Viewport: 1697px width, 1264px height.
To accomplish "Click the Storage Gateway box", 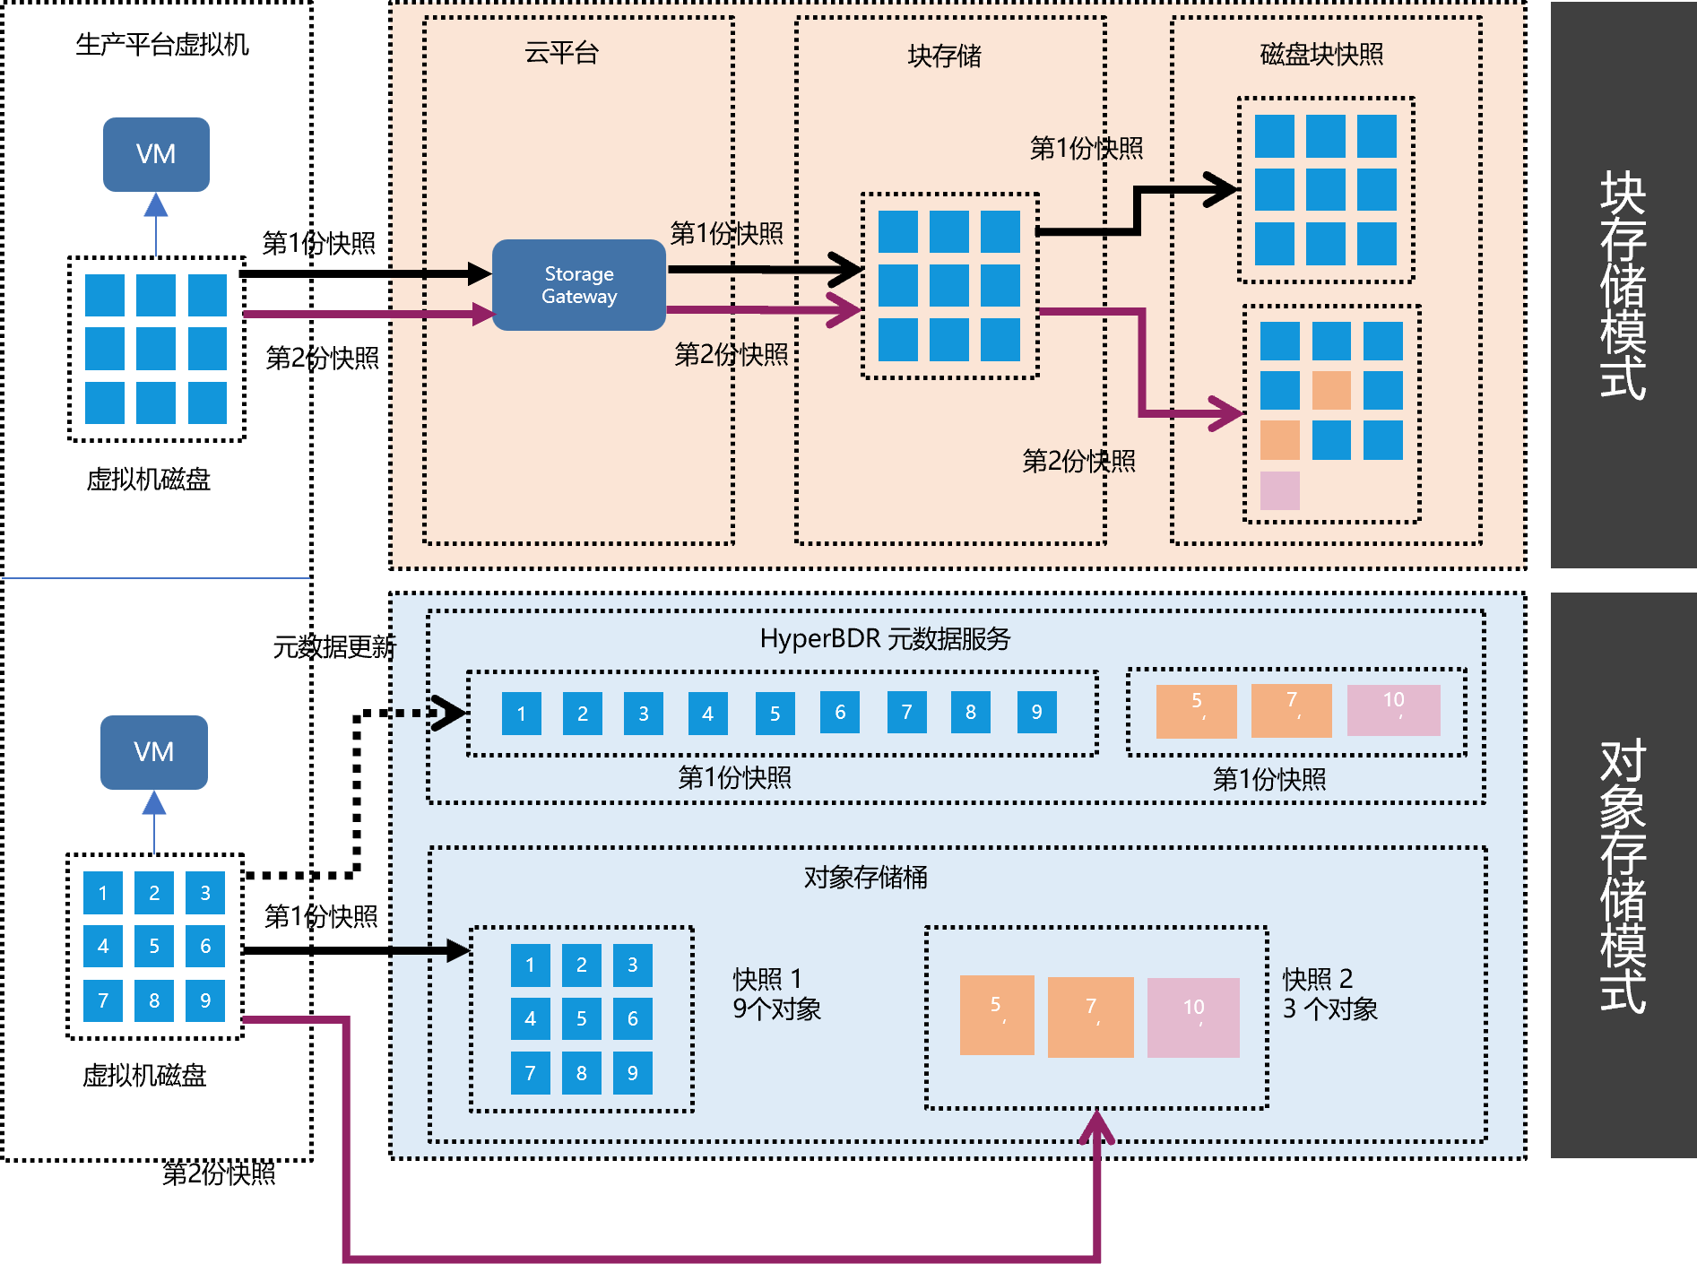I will pyautogui.click(x=579, y=285).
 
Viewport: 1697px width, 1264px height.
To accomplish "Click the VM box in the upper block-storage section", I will pyautogui.click(x=156, y=154).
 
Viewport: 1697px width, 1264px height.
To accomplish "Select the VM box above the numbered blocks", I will pyautogui.click(x=154, y=752).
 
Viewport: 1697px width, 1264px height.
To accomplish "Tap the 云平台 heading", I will pyautogui.click(x=561, y=54).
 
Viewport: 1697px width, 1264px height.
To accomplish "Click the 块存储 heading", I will pyautogui.click(x=944, y=56).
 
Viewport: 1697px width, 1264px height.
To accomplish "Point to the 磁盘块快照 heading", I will pyautogui.click(x=1321, y=55).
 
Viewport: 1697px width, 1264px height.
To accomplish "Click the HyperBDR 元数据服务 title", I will pyautogui.click(x=885, y=639).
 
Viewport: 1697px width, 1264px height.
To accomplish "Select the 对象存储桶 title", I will pyautogui.click(x=865, y=877).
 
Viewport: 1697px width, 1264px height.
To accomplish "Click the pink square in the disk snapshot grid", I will pyautogui.click(x=1279, y=490).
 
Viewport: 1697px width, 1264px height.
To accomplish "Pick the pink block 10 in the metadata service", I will pyautogui.click(x=1393, y=710).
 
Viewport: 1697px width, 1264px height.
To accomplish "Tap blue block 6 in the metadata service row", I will pyautogui.click(x=840, y=713).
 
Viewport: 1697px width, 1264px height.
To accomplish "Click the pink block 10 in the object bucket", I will pyautogui.click(x=1193, y=1017).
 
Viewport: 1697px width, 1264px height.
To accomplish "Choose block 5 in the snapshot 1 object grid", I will pyautogui.click(x=582, y=1019).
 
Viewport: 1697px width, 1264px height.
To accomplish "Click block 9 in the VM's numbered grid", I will pyautogui.click(x=205, y=1000).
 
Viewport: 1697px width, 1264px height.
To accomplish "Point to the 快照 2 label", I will pyautogui.click(x=1317, y=979).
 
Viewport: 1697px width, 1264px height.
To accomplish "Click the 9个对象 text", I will pyautogui.click(x=776, y=1009).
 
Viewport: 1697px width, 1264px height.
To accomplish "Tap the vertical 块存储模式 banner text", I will pyautogui.click(x=1623, y=284).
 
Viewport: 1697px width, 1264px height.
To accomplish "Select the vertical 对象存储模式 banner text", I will pyautogui.click(x=1623, y=876).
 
